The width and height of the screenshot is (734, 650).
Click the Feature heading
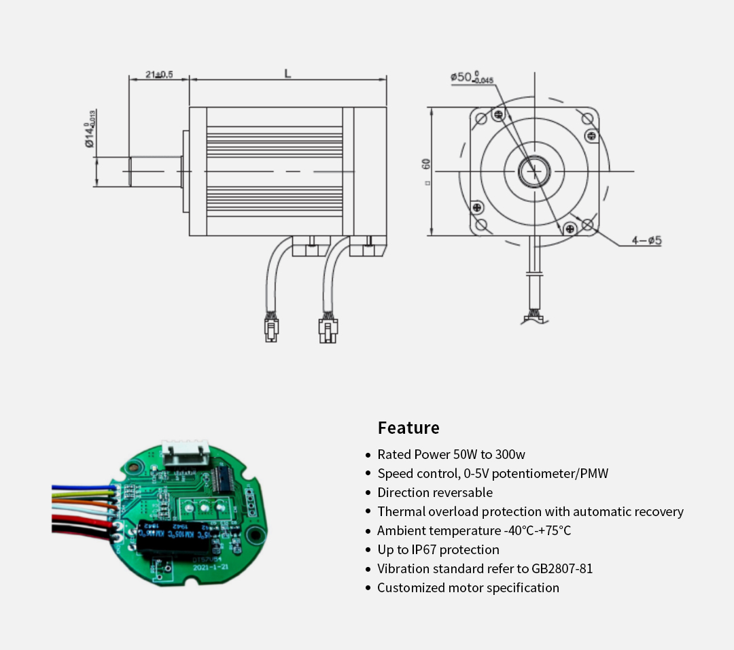tap(408, 428)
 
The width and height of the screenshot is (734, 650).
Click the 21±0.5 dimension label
tap(159, 74)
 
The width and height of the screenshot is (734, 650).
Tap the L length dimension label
tap(287, 73)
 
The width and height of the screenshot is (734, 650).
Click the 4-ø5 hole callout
tap(646, 241)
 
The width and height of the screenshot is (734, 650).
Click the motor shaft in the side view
tap(156, 171)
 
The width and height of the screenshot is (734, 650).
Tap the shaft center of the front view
tap(534, 171)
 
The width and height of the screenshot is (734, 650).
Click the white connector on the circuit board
tap(183, 453)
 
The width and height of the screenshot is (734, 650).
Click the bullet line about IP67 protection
tap(438, 550)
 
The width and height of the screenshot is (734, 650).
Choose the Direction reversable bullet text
tap(435, 493)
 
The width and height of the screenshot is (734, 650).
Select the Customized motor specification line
tap(468, 588)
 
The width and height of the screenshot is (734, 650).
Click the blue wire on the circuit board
tap(82, 487)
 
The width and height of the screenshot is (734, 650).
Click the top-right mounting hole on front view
tap(587, 118)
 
